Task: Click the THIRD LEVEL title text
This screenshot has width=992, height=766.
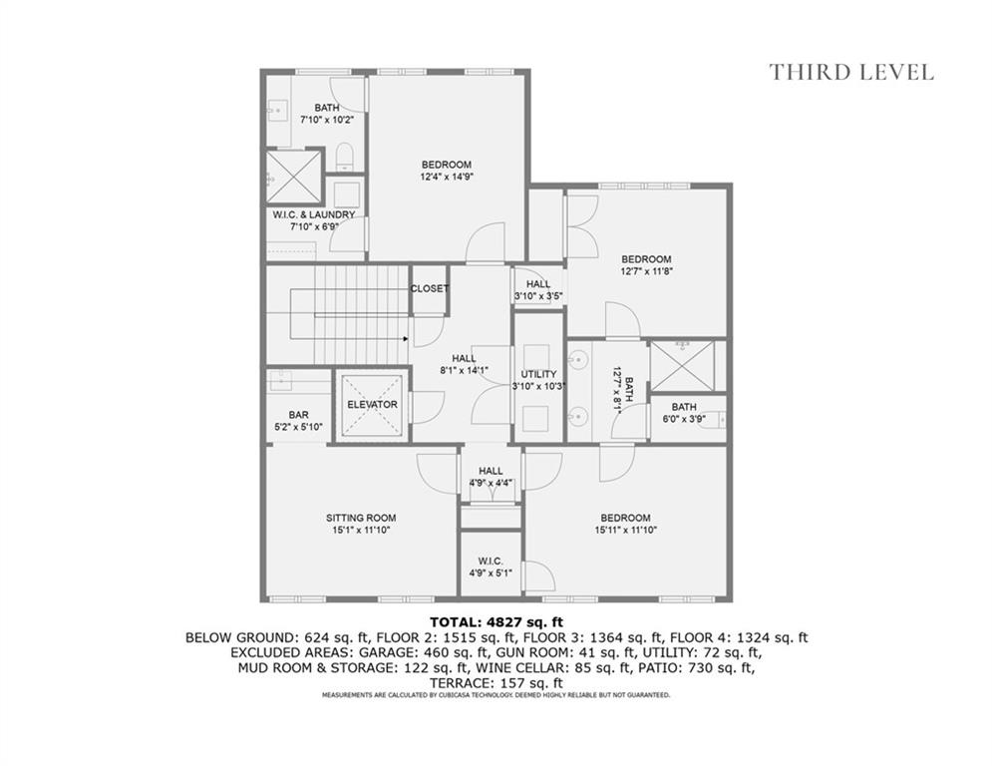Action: [x=850, y=72]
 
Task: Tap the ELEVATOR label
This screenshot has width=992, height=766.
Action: [x=372, y=405]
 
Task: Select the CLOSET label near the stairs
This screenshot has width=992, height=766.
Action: [x=429, y=289]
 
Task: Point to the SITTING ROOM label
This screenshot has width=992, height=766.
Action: [x=361, y=518]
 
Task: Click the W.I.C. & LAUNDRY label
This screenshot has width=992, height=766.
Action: [x=314, y=214]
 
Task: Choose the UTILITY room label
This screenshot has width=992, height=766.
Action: [x=538, y=374]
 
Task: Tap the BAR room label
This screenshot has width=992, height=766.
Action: [x=298, y=415]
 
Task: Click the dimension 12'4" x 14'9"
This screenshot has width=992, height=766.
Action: [x=446, y=177]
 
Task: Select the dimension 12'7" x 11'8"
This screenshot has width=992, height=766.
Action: [x=647, y=271]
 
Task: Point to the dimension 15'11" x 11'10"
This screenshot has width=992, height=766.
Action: [x=625, y=530]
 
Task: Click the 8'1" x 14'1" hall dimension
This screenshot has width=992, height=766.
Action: [x=463, y=371]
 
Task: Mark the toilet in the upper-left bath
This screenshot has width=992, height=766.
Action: [x=345, y=156]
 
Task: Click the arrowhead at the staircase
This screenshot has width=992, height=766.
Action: [x=405, y=339]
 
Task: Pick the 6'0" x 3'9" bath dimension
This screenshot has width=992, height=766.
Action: [x=684, y=419]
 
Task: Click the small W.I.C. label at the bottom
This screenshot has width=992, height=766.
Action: [x=490, y=561]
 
